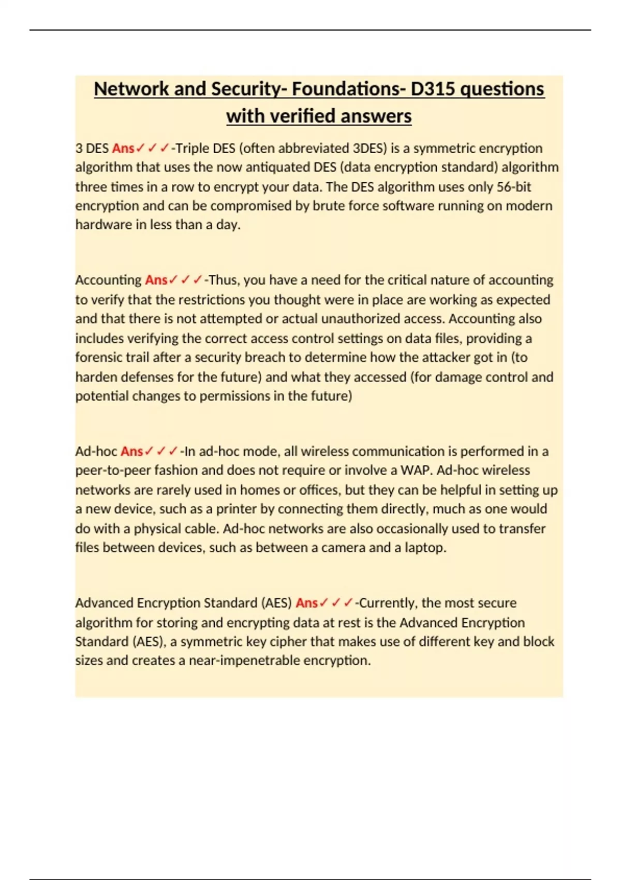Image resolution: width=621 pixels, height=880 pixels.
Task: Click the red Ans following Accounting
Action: pyautogui.click(x=156, y=280)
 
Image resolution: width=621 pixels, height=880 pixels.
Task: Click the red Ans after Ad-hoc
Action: pyautogui.click(x=131, y=451)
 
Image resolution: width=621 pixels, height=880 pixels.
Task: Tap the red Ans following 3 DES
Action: pyautogui.click(x=123, y=149)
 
